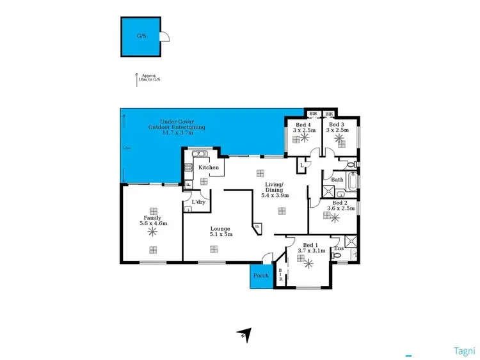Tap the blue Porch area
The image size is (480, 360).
[261, 276]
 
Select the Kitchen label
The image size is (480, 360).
[209, 168]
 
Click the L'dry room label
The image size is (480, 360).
[198, 203]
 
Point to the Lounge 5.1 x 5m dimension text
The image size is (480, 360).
[220, 235]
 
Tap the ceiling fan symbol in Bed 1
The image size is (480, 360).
[309, 262]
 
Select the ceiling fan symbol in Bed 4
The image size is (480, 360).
[305, 137]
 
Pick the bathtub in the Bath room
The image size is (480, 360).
[352, 180]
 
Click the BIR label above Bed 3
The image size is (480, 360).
[330, 114]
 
